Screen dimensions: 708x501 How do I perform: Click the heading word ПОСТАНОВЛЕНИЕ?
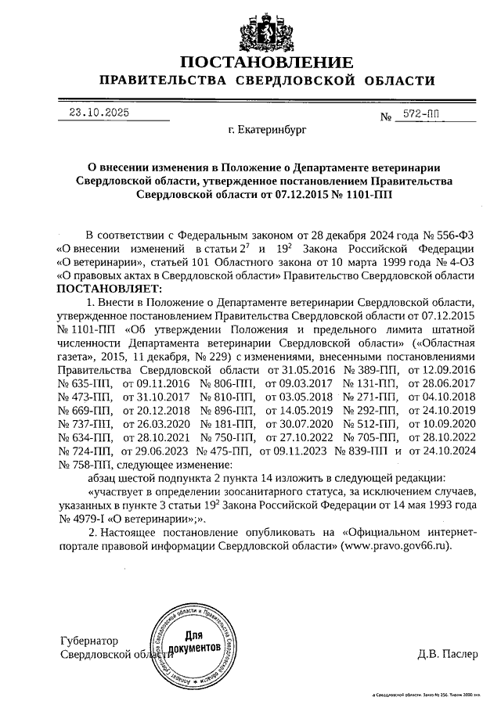click(x=266, y=63)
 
